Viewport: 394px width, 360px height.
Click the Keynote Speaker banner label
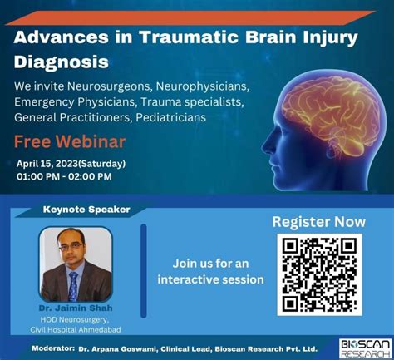pos(86,210)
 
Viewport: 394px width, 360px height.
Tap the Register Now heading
pos(319,221)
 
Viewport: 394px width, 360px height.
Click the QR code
pos(319,274)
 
